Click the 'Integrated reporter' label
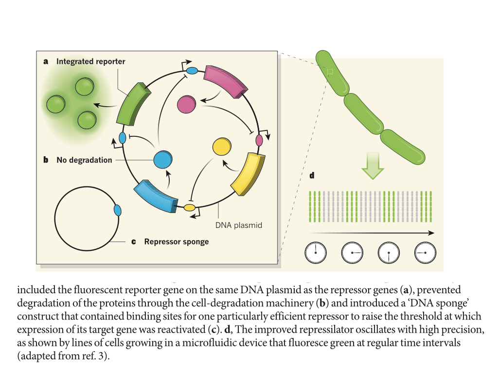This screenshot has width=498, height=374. pyautogui.click(x=90, y=62)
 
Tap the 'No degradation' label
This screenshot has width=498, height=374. pyautogui.click(x=84, y=160)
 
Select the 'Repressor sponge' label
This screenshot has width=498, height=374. pyautogui.click(x=176, y=242)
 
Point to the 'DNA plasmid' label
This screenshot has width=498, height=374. pyautogui.click(x=238, y=225)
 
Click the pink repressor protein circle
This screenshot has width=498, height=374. pyautogui.click(x=186, y=104)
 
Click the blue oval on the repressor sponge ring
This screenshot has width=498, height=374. pyautogui.click(x=117, y=210)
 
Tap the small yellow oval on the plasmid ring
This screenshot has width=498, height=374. pyautogui.click(x=189, y=208)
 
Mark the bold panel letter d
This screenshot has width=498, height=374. pyautogui.click(x=312, y=176)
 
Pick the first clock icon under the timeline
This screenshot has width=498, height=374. pyautogui.click(x=316, y=252)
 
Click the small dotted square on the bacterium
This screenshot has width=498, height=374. pyautogui.click(x=330, y=72)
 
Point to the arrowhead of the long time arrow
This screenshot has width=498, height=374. pyautogui.click(x=431, y=233)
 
